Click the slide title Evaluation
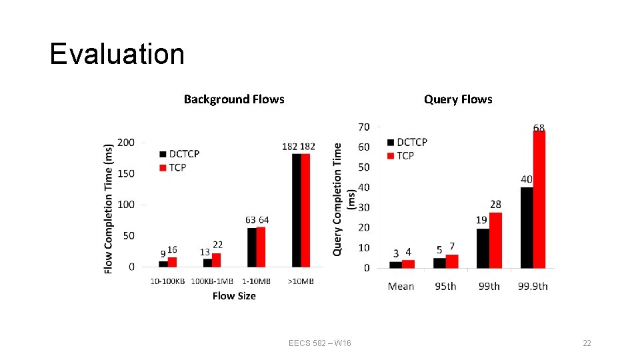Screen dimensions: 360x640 coord(117,54)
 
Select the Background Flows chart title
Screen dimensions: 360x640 coord(234,99)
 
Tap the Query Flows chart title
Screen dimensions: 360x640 coord(458,99)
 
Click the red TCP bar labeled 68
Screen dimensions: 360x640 coord(539,199)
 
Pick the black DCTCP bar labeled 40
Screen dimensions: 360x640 coord(527,227)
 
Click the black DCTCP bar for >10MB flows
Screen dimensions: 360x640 coord(297,210)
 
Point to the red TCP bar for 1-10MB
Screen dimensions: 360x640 coord(261,247)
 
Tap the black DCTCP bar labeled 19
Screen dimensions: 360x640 coord(483,248)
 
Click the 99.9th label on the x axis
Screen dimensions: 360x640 coord(533,286)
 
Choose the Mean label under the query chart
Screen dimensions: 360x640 coord(401,286)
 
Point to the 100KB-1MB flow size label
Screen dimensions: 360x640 coord(211,281)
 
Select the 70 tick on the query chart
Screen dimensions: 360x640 coord(363,127)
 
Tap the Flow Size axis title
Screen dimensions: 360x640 coord(234,296)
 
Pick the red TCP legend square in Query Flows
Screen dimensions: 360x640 coord(391,156)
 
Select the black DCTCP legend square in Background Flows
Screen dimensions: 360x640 coord(163,154)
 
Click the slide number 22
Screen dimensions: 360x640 coord(587,343)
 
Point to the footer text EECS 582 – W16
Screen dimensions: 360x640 coord(320,343)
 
